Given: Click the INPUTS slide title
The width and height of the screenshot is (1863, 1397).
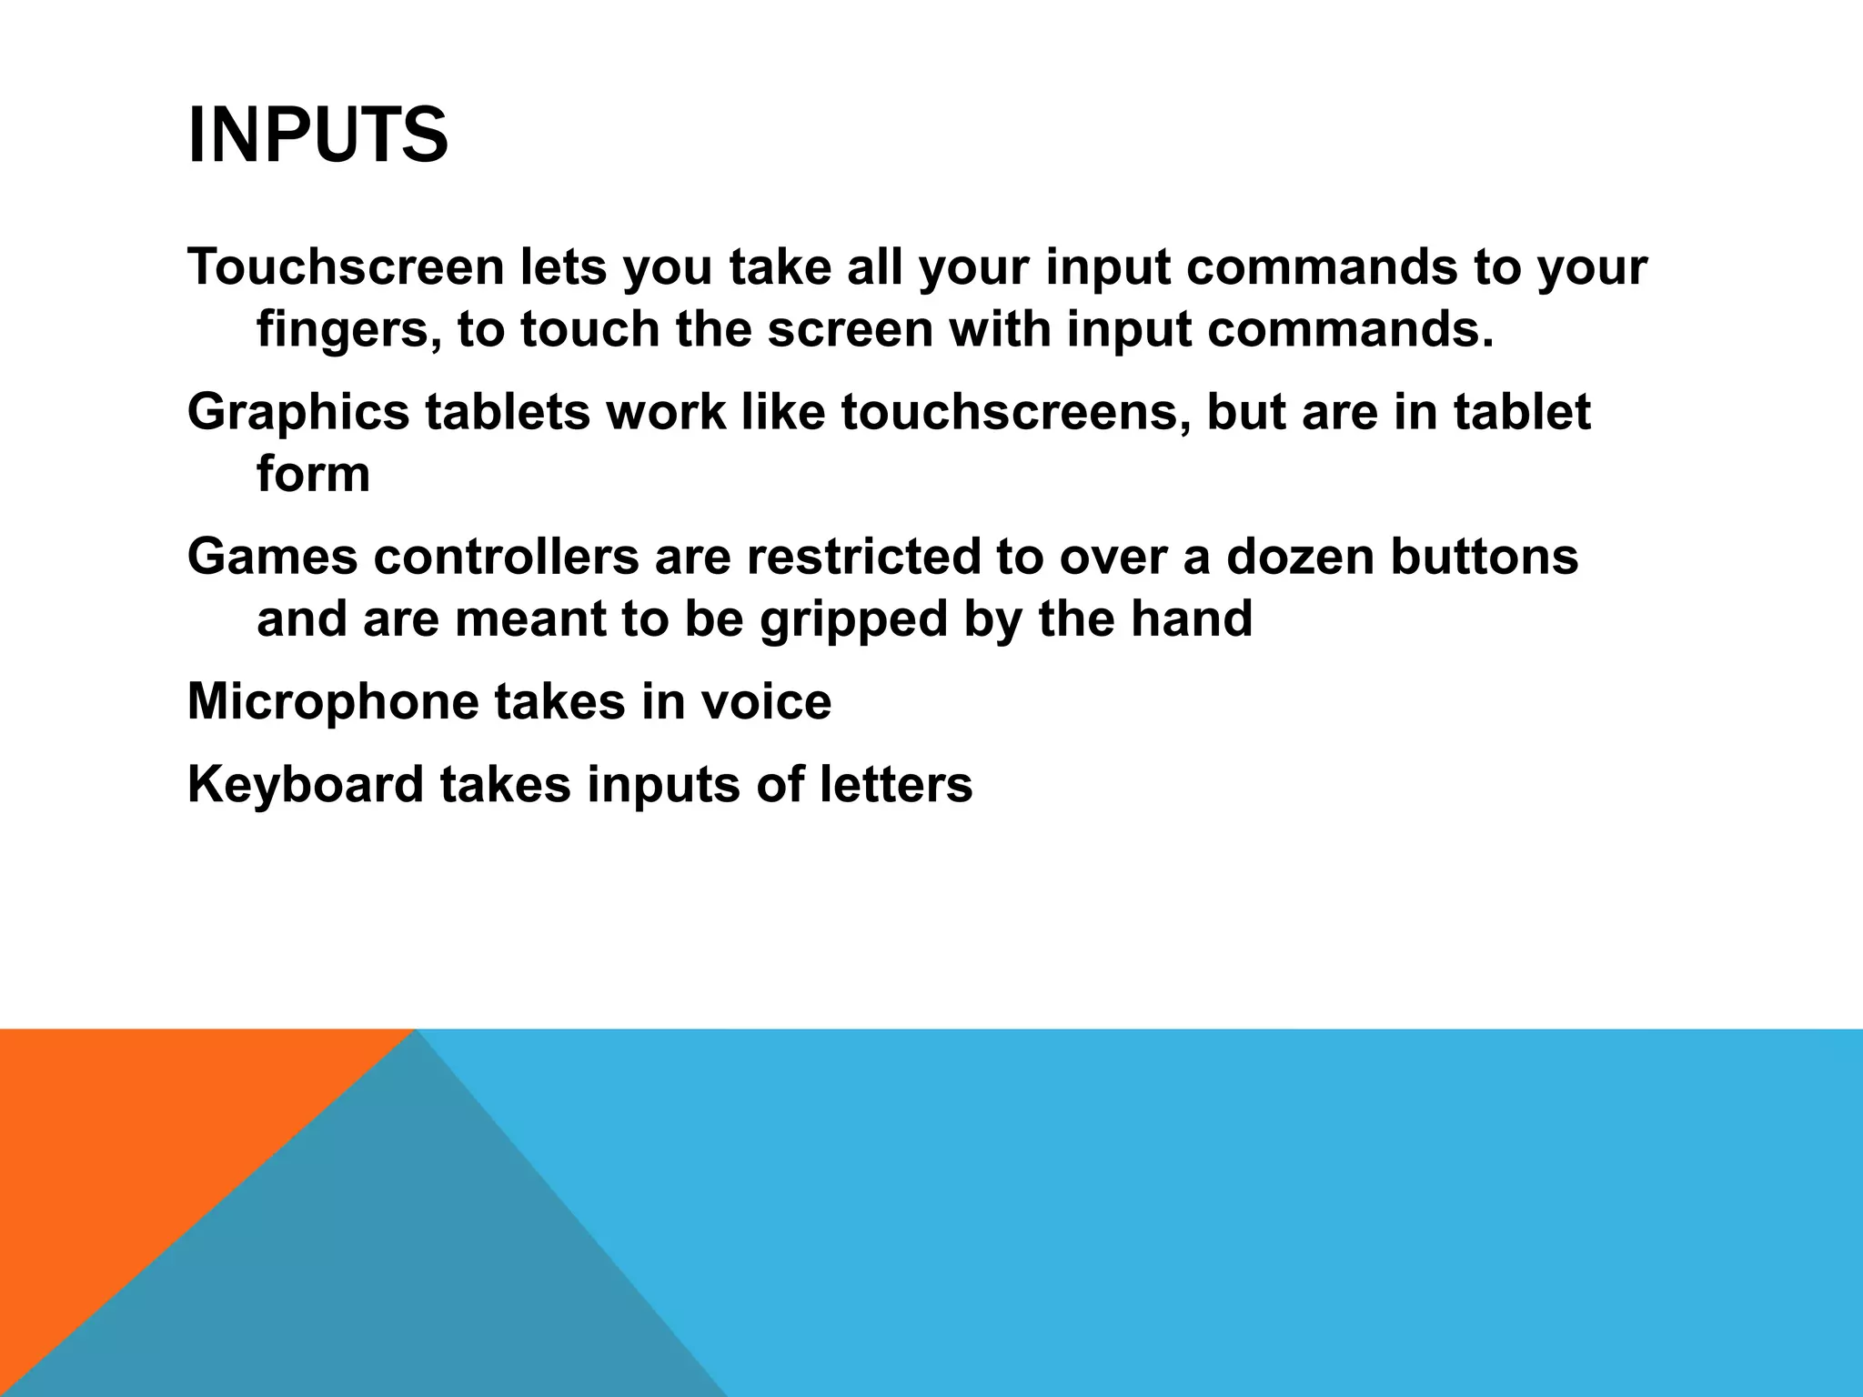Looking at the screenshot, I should (x=317, y=136).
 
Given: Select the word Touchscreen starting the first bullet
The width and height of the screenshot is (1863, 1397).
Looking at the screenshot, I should (x=346, y=267).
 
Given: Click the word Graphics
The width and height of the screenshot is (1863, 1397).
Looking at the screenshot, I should (x=298, y=412).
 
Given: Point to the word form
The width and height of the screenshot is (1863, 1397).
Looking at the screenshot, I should (x=313, y=474).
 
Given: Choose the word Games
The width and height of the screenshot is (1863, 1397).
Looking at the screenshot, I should (x=272, y=556).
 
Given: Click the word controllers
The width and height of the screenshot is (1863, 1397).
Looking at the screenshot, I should (x=506, y=556).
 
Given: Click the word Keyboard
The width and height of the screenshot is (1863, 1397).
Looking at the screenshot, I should (x=306, y=784).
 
